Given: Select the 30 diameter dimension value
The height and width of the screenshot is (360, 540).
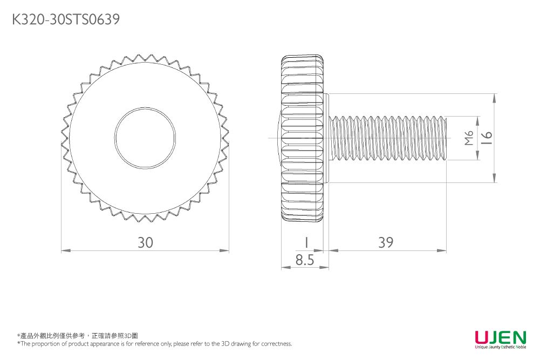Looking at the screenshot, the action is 145,243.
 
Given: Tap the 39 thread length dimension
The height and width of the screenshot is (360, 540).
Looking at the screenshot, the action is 386,243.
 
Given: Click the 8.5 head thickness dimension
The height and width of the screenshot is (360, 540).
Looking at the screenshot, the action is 305,261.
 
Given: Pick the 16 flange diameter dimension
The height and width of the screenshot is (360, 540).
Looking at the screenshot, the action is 487,139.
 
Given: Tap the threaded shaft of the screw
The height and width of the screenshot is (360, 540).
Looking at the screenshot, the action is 388,139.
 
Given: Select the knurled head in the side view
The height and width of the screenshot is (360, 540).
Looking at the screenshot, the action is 302,139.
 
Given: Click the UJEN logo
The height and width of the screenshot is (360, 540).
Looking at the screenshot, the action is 500,337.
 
